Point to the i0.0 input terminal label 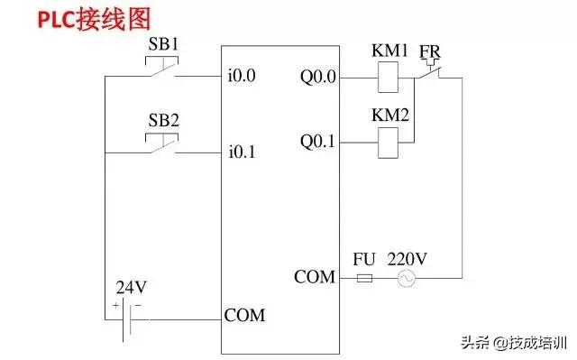(243, 77)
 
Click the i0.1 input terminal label (243, 152)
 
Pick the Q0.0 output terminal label (318, 77)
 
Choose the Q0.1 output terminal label (318, 141)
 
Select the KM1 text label (390, 51)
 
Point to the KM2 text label (390, 115)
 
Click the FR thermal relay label (430, 51)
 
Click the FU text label (364, 257)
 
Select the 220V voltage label (408, 257)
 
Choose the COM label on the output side (315, 277)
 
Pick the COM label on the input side (244, 316)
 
